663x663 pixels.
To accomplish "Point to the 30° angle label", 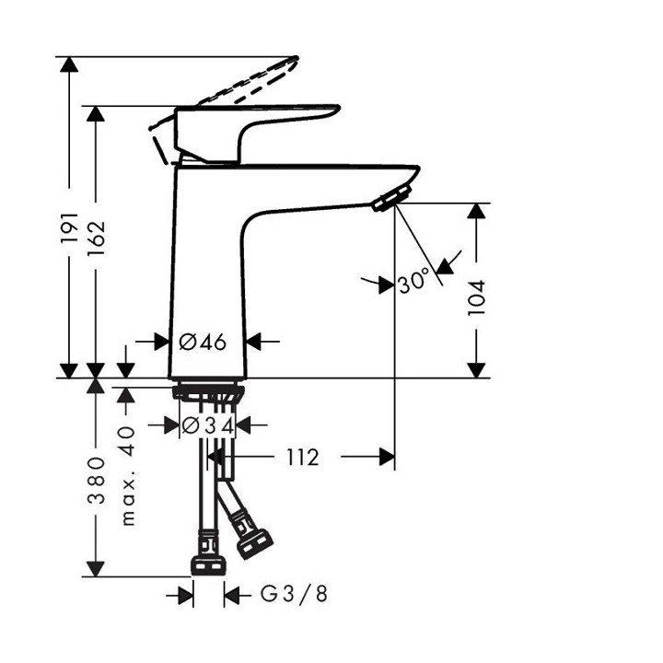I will (414, 281).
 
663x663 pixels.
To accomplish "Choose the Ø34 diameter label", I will (207, 425).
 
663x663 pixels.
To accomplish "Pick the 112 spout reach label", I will (300, 457).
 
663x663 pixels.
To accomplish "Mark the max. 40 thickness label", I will (128, 474).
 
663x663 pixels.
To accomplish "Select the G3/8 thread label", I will (294, 595).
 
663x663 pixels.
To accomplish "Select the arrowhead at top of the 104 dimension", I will (476, 213).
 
